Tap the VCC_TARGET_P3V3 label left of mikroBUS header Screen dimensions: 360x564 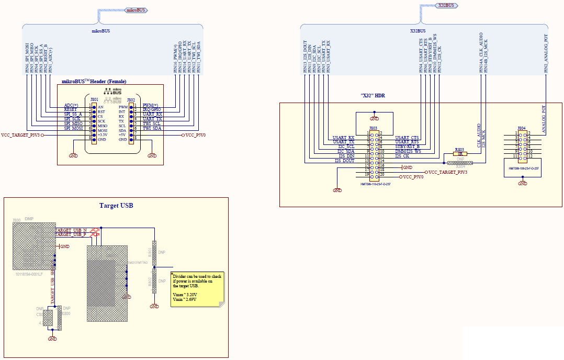[x=20, y=135]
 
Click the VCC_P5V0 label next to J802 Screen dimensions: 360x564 [x=195, y=135]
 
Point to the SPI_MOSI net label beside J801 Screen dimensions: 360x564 [x=73, y=128]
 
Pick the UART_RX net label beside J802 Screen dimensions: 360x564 [x=152, y=114]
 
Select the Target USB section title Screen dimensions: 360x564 [x=116, y=206]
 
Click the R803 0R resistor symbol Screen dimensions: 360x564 [x=460, y=154]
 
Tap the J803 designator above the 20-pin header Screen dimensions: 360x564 [x=373, y=128]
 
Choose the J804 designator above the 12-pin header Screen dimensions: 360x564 [x=522, y=128]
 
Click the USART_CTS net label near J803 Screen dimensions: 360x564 [x=407, y=138]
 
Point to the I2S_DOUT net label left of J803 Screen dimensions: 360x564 [x=345, y=161]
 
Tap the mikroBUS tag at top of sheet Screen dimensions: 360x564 [x=136, y=10]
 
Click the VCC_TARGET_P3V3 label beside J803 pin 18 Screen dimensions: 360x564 [x=448, y=172]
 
